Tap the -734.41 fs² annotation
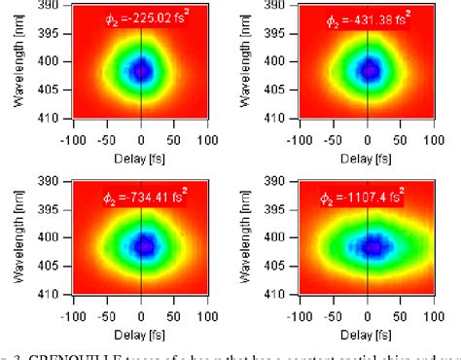pyautogui.click(x=143, y=198)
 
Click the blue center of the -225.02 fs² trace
pyautogui.click(x=142, y=70)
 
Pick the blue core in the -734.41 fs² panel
pyautogui.click(x=144, y=245)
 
